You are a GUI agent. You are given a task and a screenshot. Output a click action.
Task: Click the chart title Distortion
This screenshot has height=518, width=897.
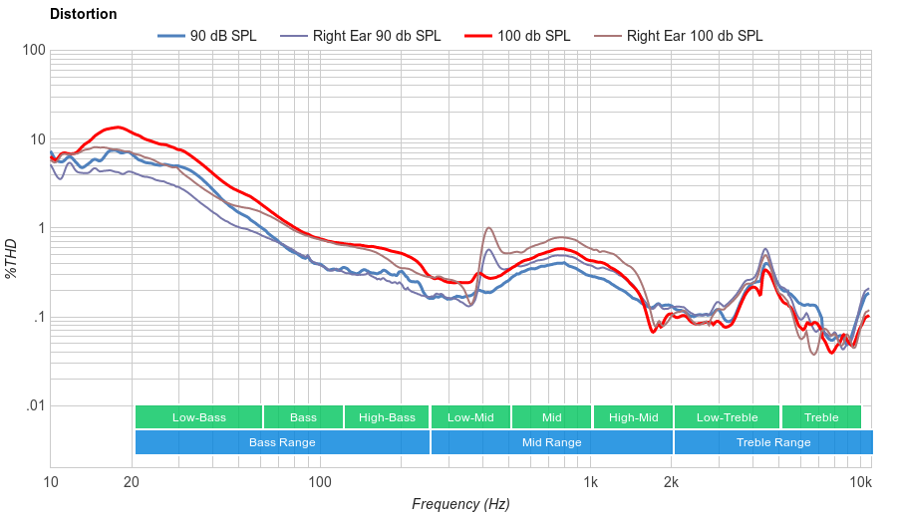tap(83, 14)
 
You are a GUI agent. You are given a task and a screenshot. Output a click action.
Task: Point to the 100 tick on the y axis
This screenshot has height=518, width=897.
tap(32, 50)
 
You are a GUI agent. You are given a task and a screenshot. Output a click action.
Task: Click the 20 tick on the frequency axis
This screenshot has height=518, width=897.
tap(132, 482)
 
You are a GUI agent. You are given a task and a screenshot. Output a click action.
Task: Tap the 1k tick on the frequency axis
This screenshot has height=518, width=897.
tap(590, 482)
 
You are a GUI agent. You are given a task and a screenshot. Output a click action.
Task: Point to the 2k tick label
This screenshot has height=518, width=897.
tap(672, 482)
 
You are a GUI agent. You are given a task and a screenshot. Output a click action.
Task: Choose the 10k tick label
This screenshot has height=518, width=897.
tap(861, 482)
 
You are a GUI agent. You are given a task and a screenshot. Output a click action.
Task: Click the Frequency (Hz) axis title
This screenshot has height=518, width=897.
tap(460, 504)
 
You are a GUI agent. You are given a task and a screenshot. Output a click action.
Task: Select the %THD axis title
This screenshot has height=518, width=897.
tap(12, 259)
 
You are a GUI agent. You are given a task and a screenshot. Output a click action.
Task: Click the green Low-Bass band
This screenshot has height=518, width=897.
tap(198, 417)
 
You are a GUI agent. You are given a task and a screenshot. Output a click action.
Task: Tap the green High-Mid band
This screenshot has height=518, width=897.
tap(633, 417)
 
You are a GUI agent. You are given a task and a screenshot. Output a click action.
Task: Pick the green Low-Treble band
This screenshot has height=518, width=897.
tap(727, 417)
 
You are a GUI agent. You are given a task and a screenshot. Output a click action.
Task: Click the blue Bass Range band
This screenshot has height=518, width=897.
tap(282, 442)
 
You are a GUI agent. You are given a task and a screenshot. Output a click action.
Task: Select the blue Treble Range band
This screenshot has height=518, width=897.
tap(772, 442)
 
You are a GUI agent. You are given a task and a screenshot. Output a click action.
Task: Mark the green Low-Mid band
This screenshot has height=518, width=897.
tap(470, 417)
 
